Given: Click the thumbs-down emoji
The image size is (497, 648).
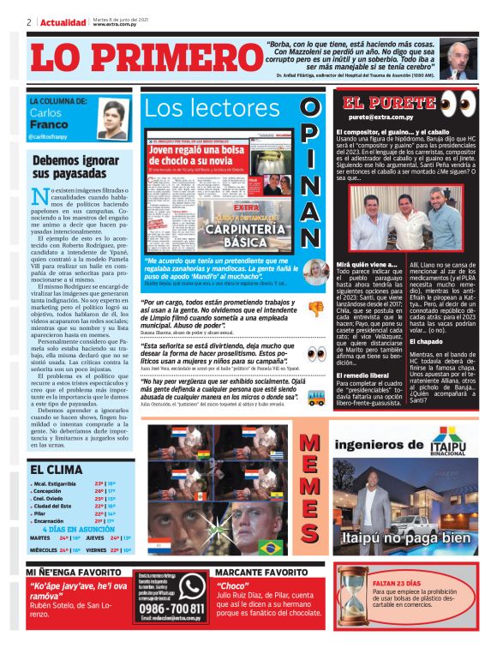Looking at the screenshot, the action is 316,309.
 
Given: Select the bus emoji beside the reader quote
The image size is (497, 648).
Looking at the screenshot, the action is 315,397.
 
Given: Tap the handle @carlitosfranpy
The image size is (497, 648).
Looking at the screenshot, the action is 51,137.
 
